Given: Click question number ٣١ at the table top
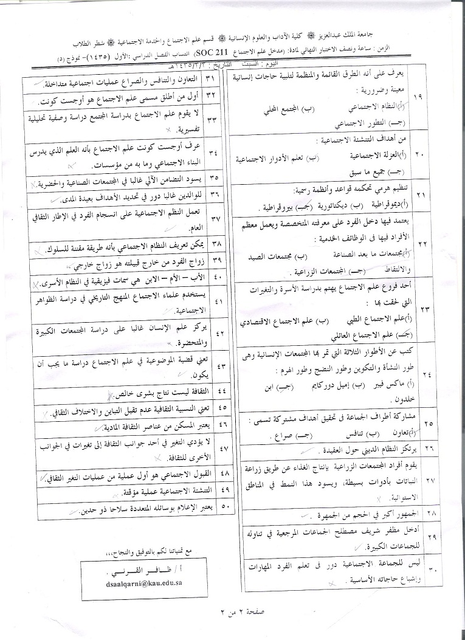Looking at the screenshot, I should (211, 80).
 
